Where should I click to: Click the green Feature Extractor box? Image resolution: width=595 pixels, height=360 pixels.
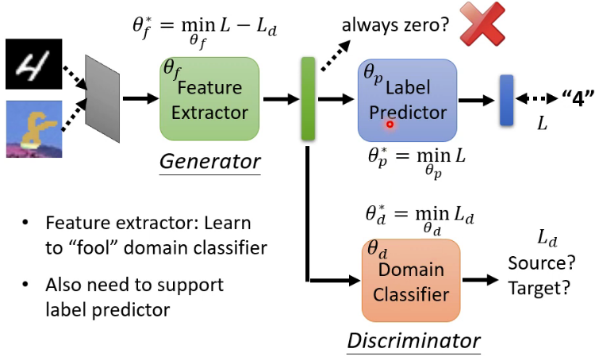[209, 99]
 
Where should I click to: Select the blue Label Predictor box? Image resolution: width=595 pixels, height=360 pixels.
[407, 100]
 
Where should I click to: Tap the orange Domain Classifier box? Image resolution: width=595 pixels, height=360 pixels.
[411, 281]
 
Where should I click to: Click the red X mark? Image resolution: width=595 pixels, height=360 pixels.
[482, 24]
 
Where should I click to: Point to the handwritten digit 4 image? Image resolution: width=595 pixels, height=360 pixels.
[34, 63]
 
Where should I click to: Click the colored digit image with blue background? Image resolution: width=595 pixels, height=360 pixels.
[34, 129]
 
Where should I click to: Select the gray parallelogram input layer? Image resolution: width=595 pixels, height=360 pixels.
[102, 98]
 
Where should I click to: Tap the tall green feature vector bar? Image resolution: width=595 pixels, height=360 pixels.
[308, 98]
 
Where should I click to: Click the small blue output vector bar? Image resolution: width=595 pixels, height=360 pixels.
[507, 100]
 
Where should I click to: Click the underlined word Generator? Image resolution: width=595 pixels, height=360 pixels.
[210, 162]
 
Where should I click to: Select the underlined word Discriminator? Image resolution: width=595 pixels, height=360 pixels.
[413, 341]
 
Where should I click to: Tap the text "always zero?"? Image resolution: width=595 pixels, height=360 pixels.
[395, 25]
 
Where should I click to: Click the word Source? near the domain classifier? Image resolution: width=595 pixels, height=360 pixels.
[542, 263]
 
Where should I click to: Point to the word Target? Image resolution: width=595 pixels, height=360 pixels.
[539, 288]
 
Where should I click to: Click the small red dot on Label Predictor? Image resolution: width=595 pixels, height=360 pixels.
[390, 124]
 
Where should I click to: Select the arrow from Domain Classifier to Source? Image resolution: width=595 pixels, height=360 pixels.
[481, 280]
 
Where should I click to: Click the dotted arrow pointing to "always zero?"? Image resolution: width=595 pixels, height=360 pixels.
[336, 56]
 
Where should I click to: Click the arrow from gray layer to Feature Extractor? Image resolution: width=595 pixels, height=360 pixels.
[140, 98]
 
